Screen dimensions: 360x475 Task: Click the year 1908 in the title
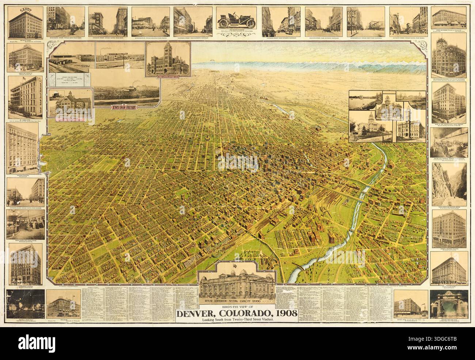coord(284,313)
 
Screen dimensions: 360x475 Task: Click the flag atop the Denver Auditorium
coord(239,265)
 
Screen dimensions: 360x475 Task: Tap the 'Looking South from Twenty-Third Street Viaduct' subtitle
coord(237,320)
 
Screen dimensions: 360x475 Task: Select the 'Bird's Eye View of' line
coord(237,307)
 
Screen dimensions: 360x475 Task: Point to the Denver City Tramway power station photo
coord(449,142)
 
